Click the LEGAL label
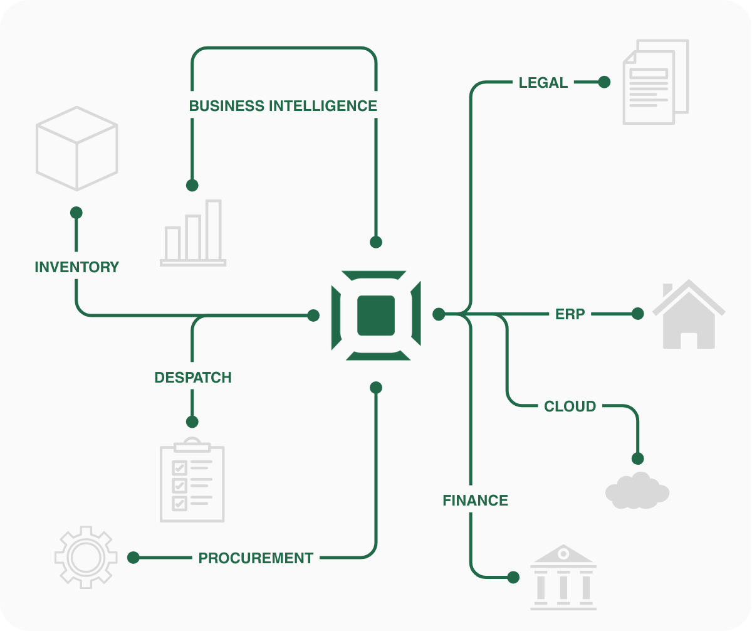543,83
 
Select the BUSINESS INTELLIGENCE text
283,106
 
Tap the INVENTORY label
76,267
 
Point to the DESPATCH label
193,378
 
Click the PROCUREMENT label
256,558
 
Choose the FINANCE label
475,501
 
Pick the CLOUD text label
570,406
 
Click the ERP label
570,314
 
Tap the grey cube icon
76,149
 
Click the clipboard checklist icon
192,480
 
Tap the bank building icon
563,577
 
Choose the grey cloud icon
637,491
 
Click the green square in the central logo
375,315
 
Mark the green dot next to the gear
133,557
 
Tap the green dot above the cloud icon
638,459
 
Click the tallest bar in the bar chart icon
214,230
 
